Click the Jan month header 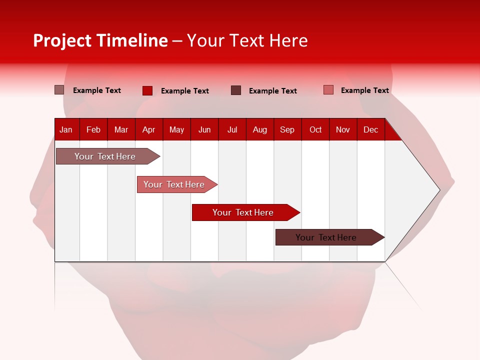pyautogui.click(x=66, y=129)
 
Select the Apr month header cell pyautogui.click(x=148, y=129)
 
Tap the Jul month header pyautogui.click(x=232, y=129)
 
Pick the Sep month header pyautogui.click(x=287, y=129)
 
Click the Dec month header pyautogui.click(x=370, y=129)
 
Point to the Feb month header pyautogui.click(x=93, y=129)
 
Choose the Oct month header pyautogui.click(x=315, y=129)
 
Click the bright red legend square pyautogui.click(x=147, y=90)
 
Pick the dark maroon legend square pyautogui.click(x=236, y=90)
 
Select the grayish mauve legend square pyautogui.click(x=59, y=90)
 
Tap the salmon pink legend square pyautogui.click(x=328, y=90)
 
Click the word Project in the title pyautogui.click(x=62, y=40)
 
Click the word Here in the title pyautogui.click(x=288, y=40)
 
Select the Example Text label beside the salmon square pyautogui.click(x=364, y=90)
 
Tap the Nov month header pyautogui.click(x=343, y=129)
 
